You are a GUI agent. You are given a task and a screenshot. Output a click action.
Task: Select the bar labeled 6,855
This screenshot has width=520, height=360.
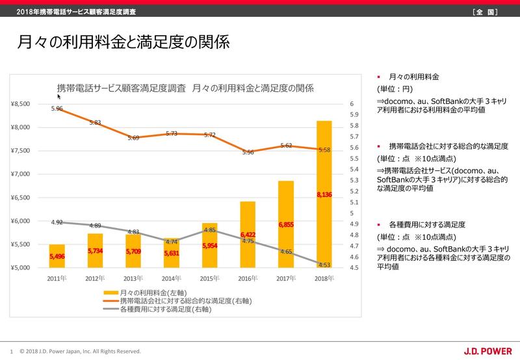(x=286, y=224)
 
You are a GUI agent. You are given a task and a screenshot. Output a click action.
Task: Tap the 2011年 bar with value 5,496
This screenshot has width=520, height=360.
(x=57, y=256)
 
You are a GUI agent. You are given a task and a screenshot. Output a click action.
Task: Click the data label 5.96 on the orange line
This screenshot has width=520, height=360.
(x=57, y=109)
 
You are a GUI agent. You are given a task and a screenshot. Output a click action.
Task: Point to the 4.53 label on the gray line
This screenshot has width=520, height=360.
(x=324, y=264)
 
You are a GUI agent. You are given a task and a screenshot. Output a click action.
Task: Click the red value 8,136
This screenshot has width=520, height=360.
(x=324, y=194)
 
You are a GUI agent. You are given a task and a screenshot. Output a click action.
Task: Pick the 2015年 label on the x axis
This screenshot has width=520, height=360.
(x=210, y=279)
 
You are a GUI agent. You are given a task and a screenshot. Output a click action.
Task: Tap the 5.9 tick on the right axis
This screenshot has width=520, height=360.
(x=353, y=115)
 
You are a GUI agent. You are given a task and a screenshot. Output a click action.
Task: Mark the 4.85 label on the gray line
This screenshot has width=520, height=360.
(x=210, y=229)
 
